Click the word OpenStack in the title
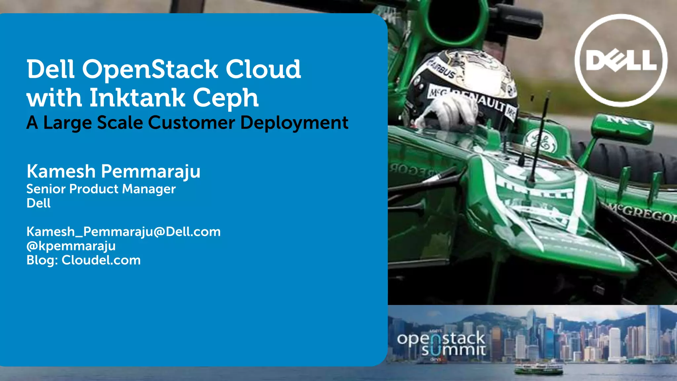pyautogui.click(x=150, y=69)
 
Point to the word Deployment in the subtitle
pyautogui.click(x=294, y=123)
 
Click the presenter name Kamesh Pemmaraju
pyautogui.click(x=113, y=172)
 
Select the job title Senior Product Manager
pyautogui.click(x=101, y=189)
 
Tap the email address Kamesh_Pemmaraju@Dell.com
pyautogui.click(x=123, y=232)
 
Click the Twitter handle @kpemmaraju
pyautogui.click(x=71, y=246)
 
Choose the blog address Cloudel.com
pyautogui.click(x=101, y=260)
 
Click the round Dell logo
pyautogui.click(x=621, y=61)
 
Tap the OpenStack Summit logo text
pyautogui.click(x=441, y=344)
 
